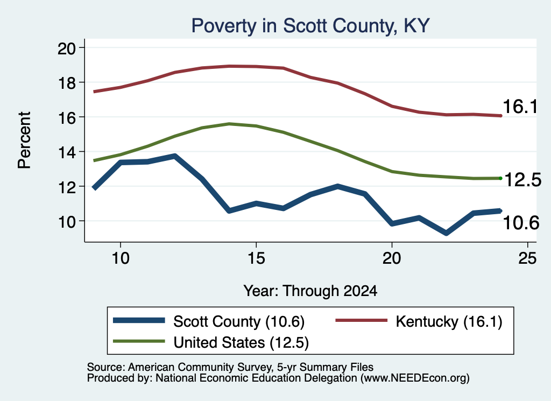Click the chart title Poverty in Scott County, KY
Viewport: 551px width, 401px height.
coord(310,26)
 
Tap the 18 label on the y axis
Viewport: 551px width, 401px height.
coord(67,82)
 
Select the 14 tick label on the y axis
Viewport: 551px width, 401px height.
coord(67,152)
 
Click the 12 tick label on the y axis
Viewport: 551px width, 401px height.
coord(67,187)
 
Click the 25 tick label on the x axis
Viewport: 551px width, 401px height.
coord(527,258)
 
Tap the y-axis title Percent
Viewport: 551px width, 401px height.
coord(25,140)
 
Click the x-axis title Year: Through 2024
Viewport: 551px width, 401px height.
coord(310,291)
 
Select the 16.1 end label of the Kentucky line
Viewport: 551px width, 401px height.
coord(520,107)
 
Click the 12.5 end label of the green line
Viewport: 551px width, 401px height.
coord(523,180)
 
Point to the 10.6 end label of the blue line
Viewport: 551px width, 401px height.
coord(521,223)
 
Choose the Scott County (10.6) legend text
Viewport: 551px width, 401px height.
coord(239,321)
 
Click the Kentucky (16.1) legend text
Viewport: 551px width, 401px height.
coord(449,321)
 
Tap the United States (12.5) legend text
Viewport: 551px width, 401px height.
coord(241,343)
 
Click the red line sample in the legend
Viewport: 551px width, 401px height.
coord(361,320)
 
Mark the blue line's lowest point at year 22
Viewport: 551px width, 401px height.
coord(446,233)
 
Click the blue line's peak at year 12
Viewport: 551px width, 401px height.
coord(175,156)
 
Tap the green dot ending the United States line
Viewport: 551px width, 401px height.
coord(500,179)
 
